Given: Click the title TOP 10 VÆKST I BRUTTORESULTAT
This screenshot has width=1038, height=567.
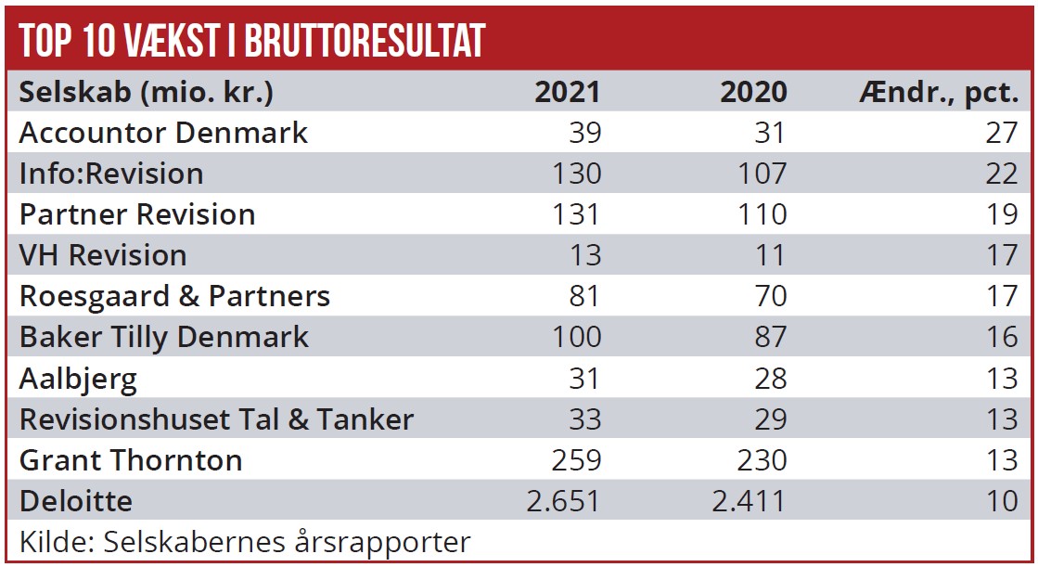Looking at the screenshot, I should tap(251, 39).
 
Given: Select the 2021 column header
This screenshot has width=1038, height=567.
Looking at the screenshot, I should tap(568, 92).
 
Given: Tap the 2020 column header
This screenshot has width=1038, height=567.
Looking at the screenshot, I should tap(753, 92).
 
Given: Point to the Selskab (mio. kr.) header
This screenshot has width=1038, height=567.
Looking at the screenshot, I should tap(147, 92).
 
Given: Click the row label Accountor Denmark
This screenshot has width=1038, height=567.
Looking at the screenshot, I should tap(163, 133).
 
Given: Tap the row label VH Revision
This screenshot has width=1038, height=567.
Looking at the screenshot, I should tap(103, 255).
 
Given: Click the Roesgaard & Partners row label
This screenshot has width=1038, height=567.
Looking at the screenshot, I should tap(174, 296).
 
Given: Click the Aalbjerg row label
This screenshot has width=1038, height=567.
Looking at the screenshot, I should tap(78, 378).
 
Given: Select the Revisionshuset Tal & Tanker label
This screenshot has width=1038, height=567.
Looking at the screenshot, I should tap(216, 419).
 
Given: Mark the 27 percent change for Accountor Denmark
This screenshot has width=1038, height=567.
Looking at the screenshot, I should tap(1002, 133).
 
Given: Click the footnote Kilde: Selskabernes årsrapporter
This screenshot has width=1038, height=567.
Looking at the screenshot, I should tap(245, 541).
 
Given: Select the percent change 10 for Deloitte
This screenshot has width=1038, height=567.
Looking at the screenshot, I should tap(1002, 501).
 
